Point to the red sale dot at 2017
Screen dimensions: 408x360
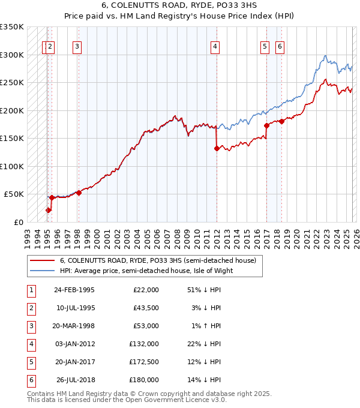(266, 126)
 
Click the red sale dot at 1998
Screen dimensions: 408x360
(79, 193)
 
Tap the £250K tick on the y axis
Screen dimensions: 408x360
(12, 83)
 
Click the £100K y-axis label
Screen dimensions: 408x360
(12, 166)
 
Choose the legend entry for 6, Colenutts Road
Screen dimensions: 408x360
(158, 260)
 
